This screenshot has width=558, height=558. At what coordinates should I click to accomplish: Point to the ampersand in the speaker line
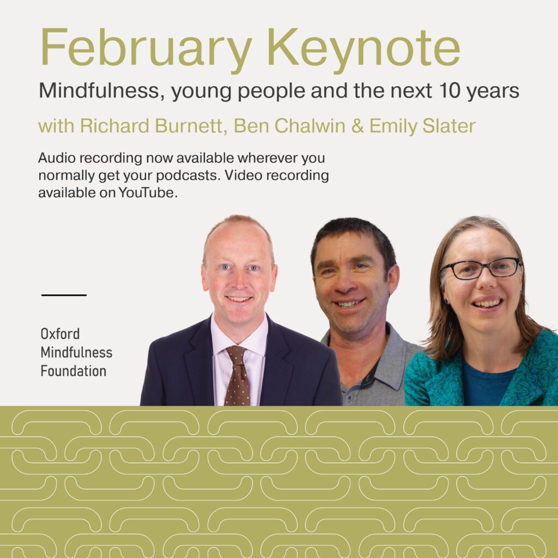pyautogui.click(x=357, y=126)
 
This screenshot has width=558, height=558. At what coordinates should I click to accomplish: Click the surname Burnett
pyautogui.click(x=189, y=126)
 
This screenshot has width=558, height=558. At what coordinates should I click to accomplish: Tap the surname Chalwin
pyautogui.click(x=310, y=126)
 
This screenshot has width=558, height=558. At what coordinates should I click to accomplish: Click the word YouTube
pyautogui.click(x=148, y=192)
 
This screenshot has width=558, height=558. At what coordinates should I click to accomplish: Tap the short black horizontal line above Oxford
pyautogui.click(x=64, y=295)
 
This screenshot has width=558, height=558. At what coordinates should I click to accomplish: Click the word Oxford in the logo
pyautogui.click(x=60, y=334)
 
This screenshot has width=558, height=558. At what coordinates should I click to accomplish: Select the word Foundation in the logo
pyautogui.click(x=74, y=371)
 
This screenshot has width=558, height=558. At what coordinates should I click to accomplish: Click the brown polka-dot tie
pyautogui.click(x=238, y=375)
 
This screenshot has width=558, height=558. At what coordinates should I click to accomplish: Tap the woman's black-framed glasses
pyautogui.click(x=481, y=268)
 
